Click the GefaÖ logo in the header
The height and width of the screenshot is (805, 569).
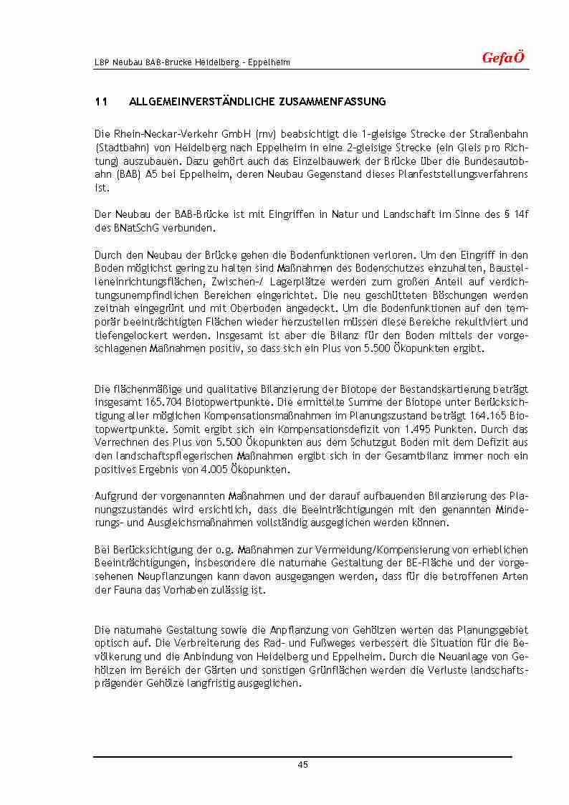503,58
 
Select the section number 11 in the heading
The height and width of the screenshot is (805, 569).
101,102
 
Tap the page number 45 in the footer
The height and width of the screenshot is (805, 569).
302,765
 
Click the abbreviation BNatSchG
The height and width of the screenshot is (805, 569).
133,228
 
